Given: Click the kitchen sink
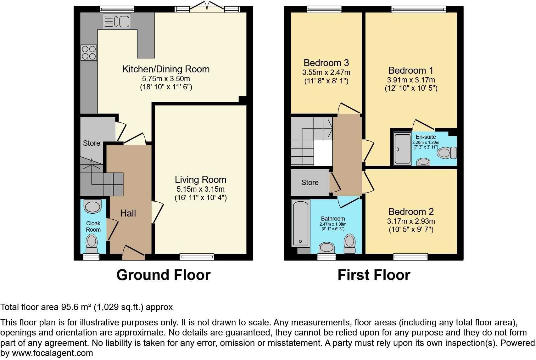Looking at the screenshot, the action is click(x=117, y=21).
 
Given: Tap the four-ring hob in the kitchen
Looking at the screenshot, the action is click(x=89, y=53).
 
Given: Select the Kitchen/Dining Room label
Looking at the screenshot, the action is click(x=166, y=69).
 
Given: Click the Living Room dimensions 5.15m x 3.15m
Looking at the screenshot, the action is click(x=200, y=189).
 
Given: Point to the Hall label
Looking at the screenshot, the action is click(x=128, y=213).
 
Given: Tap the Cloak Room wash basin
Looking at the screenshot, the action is click(x=93, y=206).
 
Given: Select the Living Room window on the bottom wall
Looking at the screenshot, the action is click(x=197, y=257).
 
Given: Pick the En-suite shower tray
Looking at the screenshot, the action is click(x=403, y=149).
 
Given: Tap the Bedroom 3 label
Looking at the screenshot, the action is click(x=326, y=63).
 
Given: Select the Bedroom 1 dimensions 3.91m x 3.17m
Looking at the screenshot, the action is click(x=411, y=80).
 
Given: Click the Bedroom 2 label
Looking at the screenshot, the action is click(x=411, y=211).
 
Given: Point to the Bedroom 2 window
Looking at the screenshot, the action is click(x=410, y=257).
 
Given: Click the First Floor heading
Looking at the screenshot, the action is click(x=374, y=275).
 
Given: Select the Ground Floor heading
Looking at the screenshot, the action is click(x=164, y=275).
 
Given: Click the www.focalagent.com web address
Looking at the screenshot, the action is click(x=53, y=353).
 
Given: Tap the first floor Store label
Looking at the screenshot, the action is click(x=310, y=183).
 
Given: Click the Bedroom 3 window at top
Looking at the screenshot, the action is click(x=324, y=9).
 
